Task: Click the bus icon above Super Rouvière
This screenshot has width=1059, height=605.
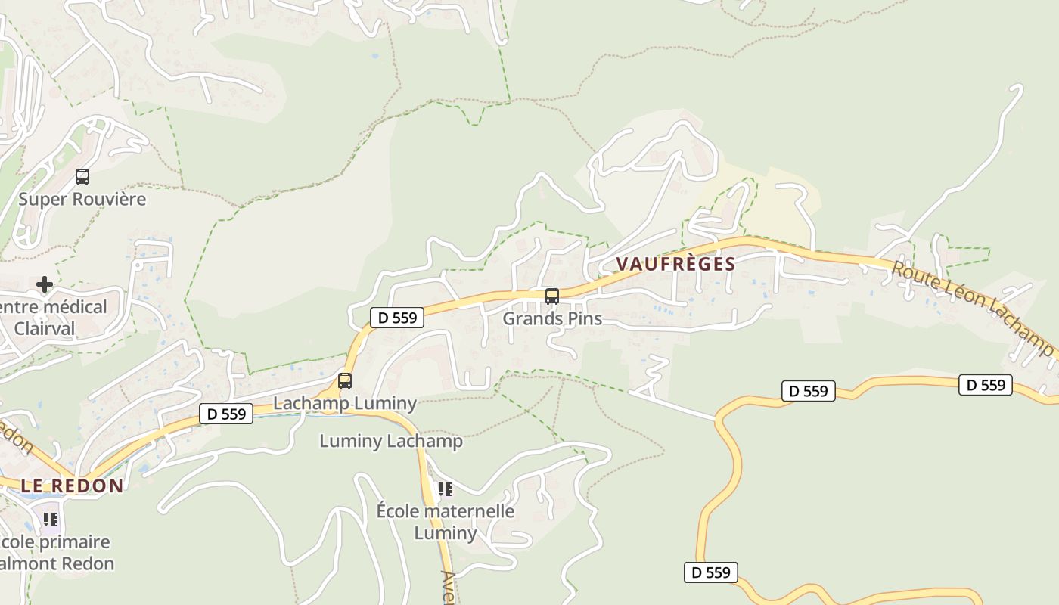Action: (x=82, y=177)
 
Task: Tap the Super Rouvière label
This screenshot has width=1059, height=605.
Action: (x=82, y=199)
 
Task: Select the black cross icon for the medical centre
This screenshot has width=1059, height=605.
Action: (x=45, y=284)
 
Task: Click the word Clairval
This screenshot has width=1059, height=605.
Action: (x=45, y=329)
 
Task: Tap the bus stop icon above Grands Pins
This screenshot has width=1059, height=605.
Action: (x=552, y=296)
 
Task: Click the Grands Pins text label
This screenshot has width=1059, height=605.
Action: (x=552, y=318)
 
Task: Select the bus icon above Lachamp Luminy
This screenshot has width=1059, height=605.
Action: (x=345, y=381)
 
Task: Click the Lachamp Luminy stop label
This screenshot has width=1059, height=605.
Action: (x=345, y=403)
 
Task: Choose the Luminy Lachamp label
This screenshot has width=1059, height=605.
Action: (x=390, y=441)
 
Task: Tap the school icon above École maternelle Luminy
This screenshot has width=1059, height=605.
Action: (x=446, y=489)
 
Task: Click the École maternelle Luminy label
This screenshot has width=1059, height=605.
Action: (x=446, y=522)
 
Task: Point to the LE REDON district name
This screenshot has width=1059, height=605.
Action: (x=72, y=486)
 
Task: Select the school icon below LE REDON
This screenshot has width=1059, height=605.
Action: (x=50, y=520)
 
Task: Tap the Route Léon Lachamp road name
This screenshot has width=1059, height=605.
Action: (x=971, y=309)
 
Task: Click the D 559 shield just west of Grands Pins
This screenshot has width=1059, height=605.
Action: (x=397, y=318)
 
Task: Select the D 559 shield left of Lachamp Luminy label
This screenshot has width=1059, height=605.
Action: (x=226, y=414)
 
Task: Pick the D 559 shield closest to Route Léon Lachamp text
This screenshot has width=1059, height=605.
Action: (x=986, y=385)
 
